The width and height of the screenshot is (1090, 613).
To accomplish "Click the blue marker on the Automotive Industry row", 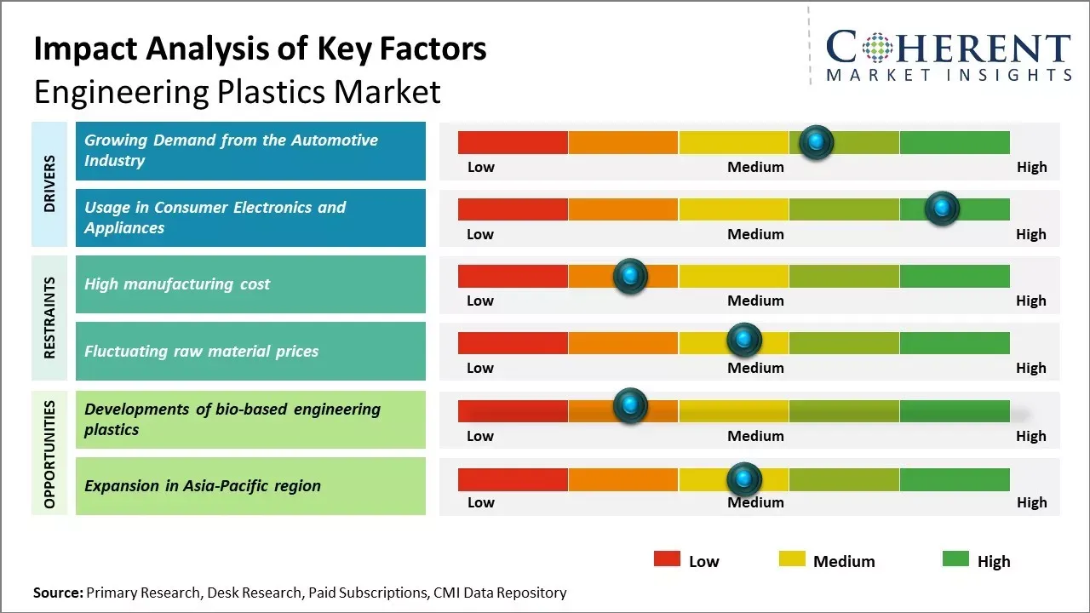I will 817,142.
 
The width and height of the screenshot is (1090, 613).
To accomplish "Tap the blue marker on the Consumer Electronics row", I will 942,209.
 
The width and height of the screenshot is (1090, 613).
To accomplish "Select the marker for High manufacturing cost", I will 630,276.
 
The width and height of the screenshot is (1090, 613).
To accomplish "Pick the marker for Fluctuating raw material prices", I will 744,340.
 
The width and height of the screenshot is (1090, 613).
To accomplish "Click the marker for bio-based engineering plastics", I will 630,406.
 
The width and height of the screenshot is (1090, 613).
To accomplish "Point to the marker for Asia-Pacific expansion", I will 744,479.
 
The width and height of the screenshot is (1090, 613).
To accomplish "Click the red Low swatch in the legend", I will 667,559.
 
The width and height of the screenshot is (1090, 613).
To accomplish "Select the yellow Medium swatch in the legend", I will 792,559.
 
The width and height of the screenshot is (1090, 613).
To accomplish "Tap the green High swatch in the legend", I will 955,559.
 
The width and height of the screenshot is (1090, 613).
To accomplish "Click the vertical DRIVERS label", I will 50,184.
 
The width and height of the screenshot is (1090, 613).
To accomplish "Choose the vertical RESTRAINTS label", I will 50,318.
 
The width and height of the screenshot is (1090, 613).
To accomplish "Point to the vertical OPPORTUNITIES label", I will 50,454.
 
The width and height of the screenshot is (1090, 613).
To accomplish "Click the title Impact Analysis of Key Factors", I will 260,49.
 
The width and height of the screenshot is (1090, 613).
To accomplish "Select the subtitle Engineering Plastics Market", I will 237,91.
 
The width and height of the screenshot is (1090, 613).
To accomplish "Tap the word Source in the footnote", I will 58,593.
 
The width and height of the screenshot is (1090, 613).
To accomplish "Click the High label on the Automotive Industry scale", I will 1031,167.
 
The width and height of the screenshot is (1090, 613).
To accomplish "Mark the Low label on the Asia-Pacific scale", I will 480,502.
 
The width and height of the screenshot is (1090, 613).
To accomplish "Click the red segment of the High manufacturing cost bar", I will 513,276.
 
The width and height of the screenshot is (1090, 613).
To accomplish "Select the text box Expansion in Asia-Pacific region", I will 250,486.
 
